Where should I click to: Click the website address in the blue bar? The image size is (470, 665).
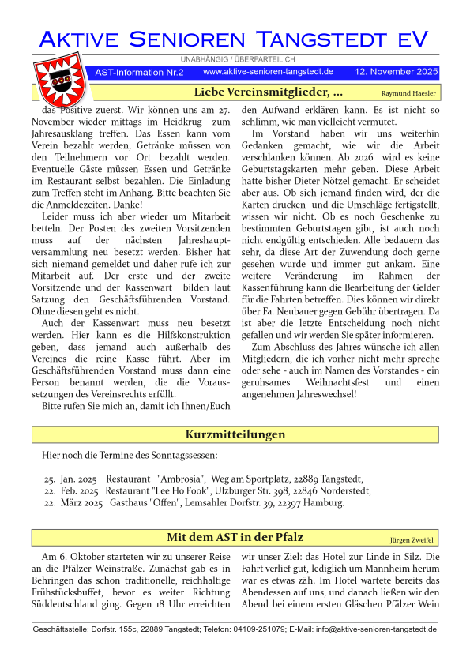(x=268, y=72)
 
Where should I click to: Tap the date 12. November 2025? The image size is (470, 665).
(x=396, y=72)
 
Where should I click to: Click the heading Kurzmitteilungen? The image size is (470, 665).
(x=235, y=435)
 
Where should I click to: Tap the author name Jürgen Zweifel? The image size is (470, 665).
(x=412, y=539)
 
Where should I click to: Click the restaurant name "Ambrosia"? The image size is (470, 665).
(x=180, y=479)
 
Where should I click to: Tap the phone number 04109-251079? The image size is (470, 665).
(x=256, y=629)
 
